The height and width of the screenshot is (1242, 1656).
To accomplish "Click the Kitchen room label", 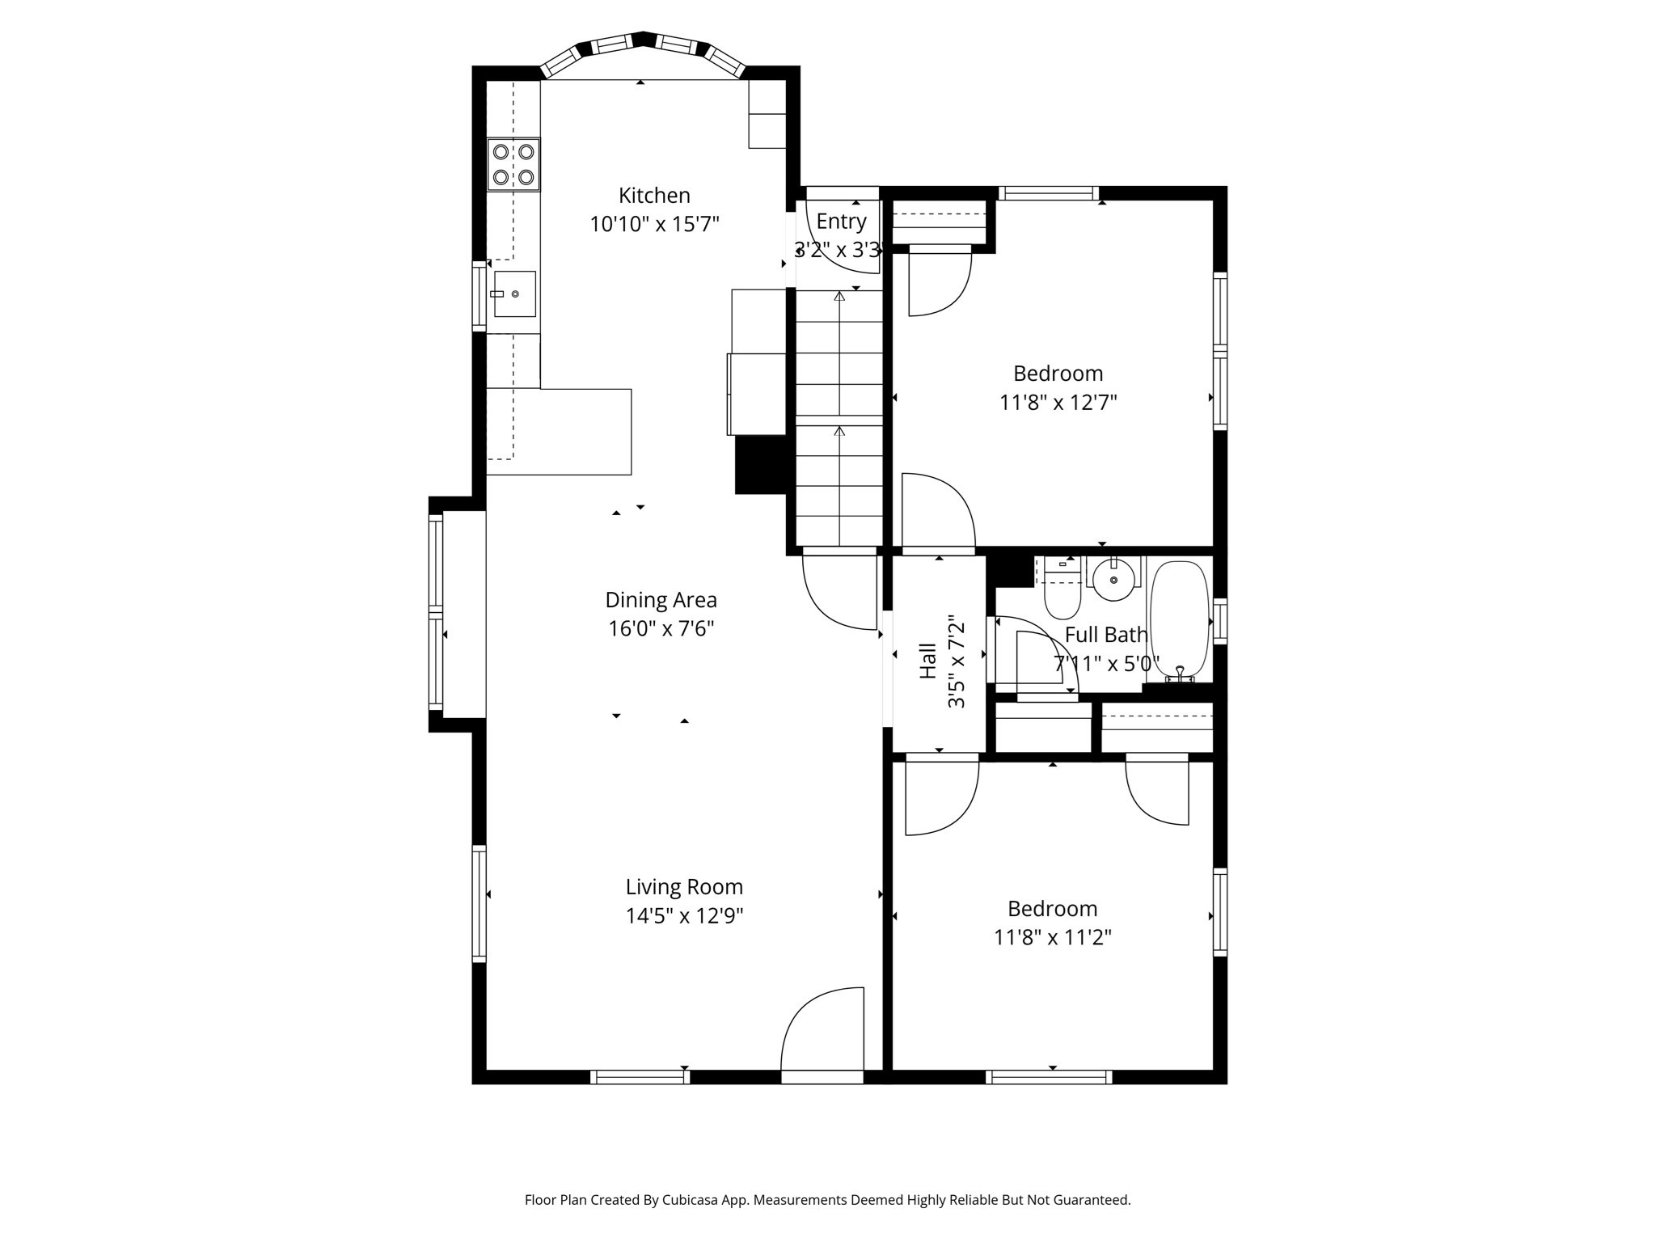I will (x=654, y=196).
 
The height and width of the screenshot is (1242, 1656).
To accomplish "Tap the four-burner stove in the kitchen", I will (x=513, y=164).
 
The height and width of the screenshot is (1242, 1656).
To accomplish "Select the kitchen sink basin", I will (x=515, y=294).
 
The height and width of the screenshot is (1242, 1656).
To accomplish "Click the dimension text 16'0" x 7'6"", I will (x=661, y=629).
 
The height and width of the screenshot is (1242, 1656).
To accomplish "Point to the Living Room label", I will (x=684, y=887).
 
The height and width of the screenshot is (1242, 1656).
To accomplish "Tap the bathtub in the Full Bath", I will (x=1179, y=619).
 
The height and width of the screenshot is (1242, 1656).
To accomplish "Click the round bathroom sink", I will (x=1114, y=579).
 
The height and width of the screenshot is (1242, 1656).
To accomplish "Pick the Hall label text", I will (x=927, y=661).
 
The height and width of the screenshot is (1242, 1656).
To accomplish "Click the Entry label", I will (x=841, y=222).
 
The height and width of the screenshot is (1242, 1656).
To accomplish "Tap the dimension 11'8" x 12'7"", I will (x=1058, y=403).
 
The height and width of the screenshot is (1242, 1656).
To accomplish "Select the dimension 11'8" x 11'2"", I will (x=1052, y=938).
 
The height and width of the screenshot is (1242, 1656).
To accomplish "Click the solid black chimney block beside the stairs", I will (x=760, y=465).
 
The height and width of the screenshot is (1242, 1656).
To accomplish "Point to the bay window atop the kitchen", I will (x=642, y=47).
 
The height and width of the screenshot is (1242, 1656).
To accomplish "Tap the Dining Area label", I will (x=661, y=600).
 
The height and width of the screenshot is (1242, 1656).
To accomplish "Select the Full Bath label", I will (x=1105, y=636).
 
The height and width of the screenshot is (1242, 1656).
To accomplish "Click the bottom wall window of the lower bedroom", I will (x=1049, y=1077).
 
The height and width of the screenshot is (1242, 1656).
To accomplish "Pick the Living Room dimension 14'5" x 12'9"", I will (x=684, y=916).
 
